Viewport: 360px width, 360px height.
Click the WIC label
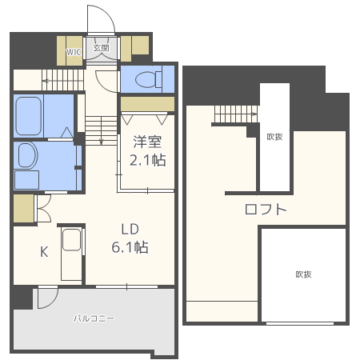point(74,50)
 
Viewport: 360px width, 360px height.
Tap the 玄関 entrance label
point(102,48)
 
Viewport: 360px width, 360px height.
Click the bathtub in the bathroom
point(29,116)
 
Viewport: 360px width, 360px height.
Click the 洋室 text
point(147,142)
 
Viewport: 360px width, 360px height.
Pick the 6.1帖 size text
point(130,247)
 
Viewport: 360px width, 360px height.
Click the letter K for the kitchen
point(45,251)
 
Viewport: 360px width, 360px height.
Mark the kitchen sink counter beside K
point(71,252)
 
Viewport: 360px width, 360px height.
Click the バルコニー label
point(94,318)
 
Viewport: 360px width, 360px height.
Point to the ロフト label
point(266,210)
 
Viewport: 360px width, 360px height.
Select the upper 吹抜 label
point(274,137)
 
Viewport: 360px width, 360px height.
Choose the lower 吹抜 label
point(303,274)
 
